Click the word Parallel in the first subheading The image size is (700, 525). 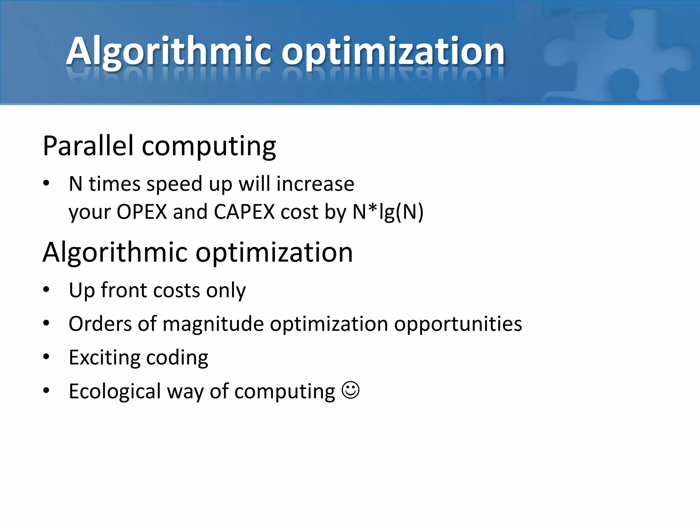(88, 146)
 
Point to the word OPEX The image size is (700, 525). (142, 212)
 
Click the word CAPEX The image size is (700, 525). (244, 212)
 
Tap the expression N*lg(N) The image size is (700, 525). (388, 212)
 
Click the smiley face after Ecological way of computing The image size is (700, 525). (351, 390)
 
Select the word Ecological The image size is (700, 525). (115, 391)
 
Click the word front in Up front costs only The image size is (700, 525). (124, 290)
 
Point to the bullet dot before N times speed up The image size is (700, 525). (46, 184)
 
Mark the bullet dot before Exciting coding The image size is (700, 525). (46, 357)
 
